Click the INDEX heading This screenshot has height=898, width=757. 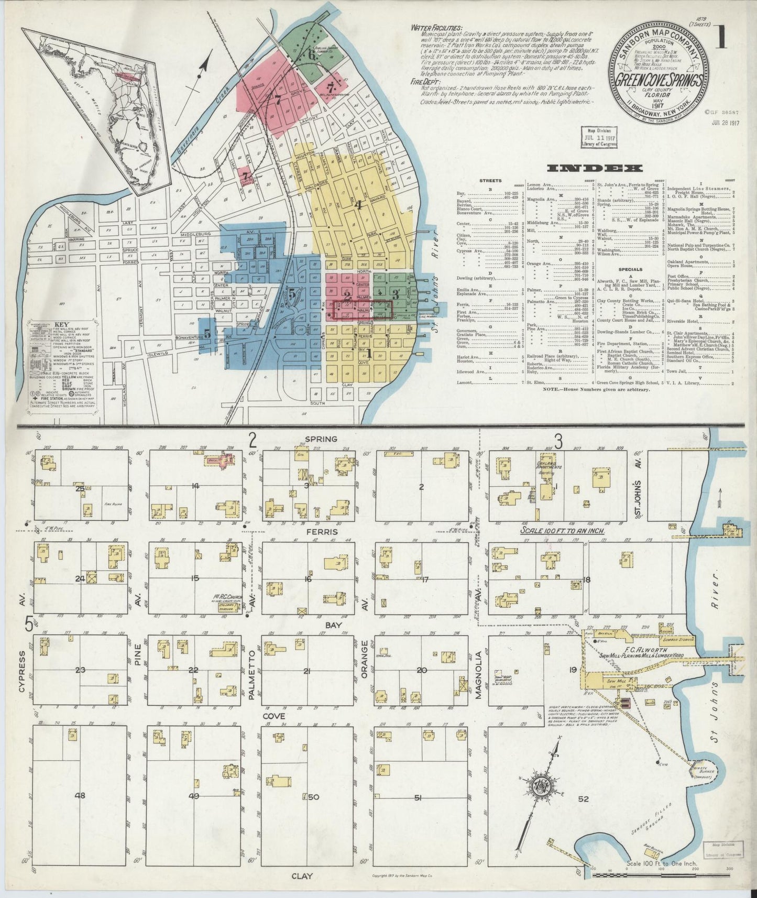pos(595,168)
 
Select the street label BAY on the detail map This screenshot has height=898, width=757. pos(333,625)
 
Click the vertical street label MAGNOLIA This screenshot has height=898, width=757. pos(478,674)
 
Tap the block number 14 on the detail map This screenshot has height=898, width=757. pos(196,486)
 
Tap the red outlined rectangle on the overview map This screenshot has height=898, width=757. pos(362,310)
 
